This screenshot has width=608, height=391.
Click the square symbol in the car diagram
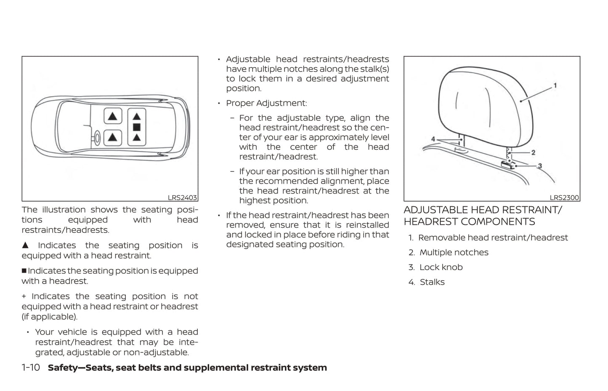tap(136, 127)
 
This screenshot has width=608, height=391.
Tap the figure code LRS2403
tap(182, 197)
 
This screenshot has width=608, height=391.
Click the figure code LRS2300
tap(564, 197)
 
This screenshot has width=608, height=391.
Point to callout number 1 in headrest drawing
tap(555, 85)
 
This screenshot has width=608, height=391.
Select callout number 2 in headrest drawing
tap(533, 152)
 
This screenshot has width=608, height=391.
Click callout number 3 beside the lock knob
tap(540, 166)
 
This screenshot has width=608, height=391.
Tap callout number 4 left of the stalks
tap(433, 139)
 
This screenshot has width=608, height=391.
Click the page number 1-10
tap(31, 367)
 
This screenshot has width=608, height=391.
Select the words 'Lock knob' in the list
tap(441, 267)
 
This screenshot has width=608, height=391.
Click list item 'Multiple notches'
tap(454, 253)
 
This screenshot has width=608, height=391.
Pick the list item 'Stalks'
tap(432, 282)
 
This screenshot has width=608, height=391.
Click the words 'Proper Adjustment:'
tap(266, 103)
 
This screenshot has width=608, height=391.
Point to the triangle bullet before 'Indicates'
tap(25, 245)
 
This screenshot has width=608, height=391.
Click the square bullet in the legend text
tap(24, 271)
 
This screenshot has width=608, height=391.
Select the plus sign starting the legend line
tap(24, 296)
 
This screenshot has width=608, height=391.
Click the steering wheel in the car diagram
tap(97, 137)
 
